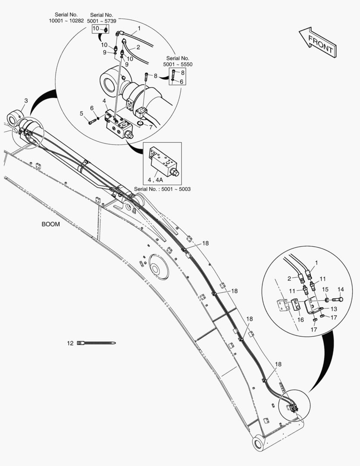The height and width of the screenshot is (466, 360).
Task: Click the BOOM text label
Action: click(50, 224)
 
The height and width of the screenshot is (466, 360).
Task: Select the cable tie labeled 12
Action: click(97, 343)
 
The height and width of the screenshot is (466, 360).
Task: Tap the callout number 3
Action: click(26, 101)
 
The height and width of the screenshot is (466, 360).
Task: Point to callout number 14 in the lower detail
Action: click(340, 289)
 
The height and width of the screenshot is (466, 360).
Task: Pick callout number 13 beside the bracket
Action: click(333, 309)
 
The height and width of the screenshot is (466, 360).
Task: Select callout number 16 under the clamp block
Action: click(301, 320)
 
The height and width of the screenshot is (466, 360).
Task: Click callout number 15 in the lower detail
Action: click(326, 289)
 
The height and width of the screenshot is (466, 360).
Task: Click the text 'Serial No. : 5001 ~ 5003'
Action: click(163, 189)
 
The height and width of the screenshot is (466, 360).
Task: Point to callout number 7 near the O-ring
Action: click(150, 128)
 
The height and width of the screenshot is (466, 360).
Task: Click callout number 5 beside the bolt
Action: click(81, 113)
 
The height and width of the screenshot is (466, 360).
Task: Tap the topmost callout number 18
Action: click(205, 243)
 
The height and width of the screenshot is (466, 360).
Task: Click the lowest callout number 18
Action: click(278, 364)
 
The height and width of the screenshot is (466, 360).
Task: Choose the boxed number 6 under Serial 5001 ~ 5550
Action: click(181, 81)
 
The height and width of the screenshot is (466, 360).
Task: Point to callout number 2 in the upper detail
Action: click(138, 47)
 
